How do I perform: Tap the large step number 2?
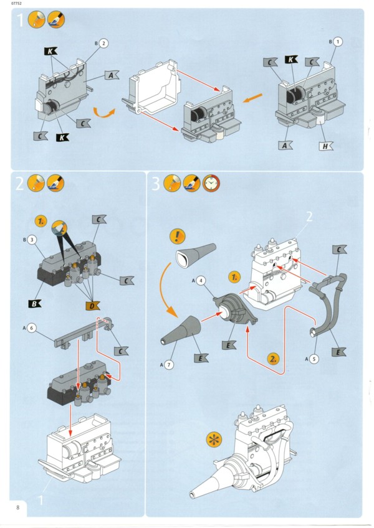tap(20, 183)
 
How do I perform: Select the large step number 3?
tap(156, 183)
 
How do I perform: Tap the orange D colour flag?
tap(92, 305)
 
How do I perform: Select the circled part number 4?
tap(202, 281)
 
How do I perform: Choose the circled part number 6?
tap(32, 328)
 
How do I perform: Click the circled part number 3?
tap(31, 238)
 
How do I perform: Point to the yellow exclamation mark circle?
tap(178, 237)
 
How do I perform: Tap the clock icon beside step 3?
tap(211, 183)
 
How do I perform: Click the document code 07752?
tap(11, 4)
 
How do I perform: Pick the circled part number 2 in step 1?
tap(103, 43)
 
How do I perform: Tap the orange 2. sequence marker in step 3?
tap(274, 358)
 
